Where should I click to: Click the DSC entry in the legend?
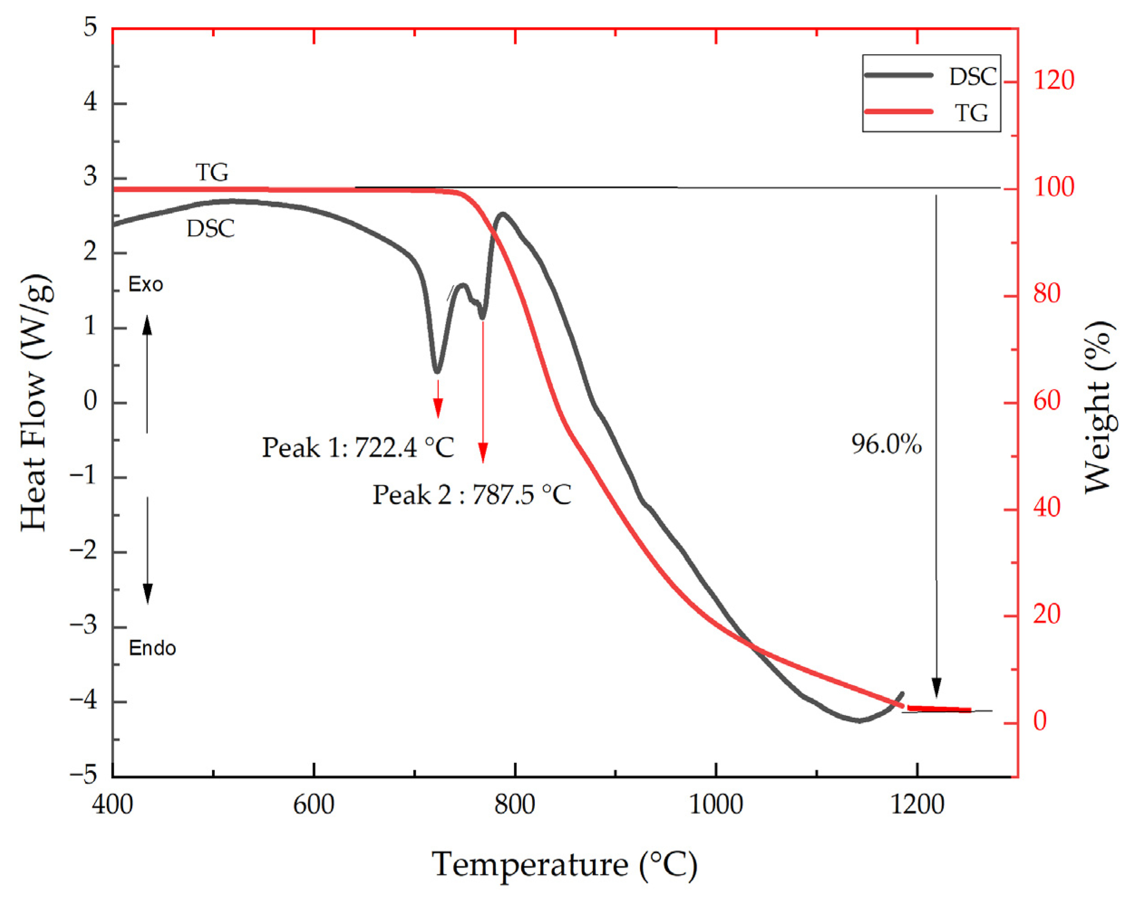(x=971, y=77)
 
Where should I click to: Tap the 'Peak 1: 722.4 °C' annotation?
(x=358, y=448)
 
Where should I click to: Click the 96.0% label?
(x=886, y=444)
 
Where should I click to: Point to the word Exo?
(x=146, y=285)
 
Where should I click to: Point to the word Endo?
(x=152, y=648)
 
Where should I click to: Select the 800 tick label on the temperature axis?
(x=514, y=805)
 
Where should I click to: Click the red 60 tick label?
(x=1047, y=402)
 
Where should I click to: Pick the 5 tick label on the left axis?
(x=90, y=28)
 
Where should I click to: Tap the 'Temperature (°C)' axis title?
(x=564, y=864)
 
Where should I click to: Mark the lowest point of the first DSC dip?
(x=437, y=371)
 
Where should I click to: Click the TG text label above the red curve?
(x=212, y=172)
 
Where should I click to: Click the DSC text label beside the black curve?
(x=211, y=229)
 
